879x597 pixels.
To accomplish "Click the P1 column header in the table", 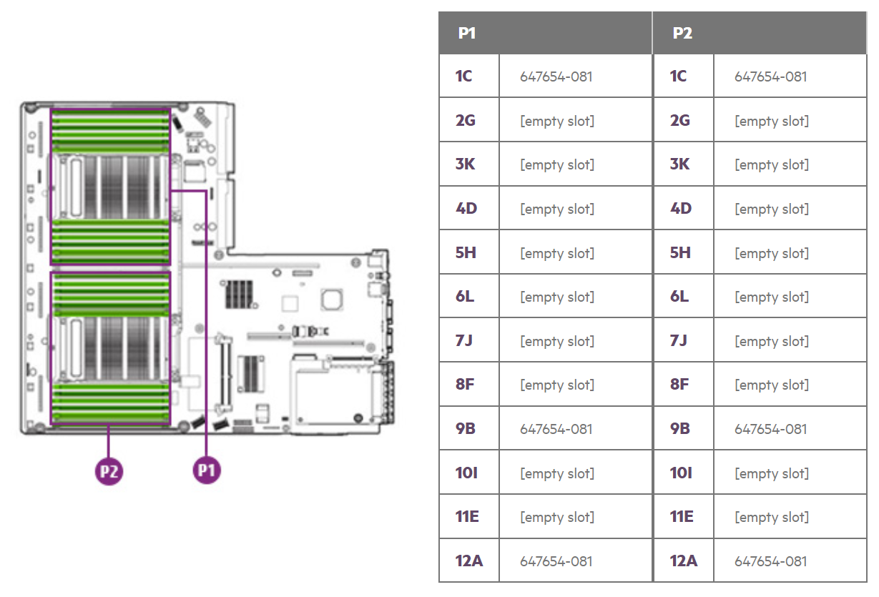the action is click(466, 34).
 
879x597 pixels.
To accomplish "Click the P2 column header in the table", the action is click(682, 34).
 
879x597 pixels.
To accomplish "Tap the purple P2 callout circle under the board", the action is click(109, 471).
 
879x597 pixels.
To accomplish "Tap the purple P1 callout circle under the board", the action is click(207, 470).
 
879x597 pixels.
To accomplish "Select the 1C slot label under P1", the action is click(463, 76).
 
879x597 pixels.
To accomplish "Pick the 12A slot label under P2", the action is click(683, 561).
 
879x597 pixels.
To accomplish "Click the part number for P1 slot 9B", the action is click(556, 429).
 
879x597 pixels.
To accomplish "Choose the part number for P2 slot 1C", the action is click(771, 77).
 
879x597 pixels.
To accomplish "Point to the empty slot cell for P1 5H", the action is click(557, 253).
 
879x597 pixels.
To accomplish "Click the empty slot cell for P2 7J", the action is click(772, 341).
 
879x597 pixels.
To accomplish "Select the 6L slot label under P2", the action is click(679, 297).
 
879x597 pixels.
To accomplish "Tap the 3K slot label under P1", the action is click(465, 164).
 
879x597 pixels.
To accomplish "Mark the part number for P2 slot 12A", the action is click(771, 561).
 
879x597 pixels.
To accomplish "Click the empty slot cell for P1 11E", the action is click(557, 517).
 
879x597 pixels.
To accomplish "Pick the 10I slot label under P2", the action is click(680, 473).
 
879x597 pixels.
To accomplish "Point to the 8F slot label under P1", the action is click(465, 385).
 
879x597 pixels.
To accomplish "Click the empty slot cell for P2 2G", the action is click(772, 121).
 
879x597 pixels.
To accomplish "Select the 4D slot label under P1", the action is click(466, 208).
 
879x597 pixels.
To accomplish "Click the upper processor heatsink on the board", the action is click(111, 187).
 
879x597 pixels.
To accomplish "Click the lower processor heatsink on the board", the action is click(111, 348).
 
